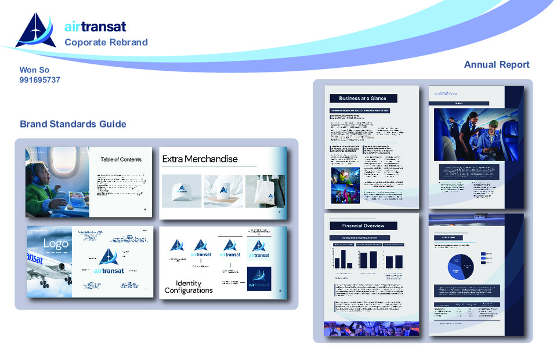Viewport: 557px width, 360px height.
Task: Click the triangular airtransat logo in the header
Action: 36,31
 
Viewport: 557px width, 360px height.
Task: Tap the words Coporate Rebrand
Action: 106,42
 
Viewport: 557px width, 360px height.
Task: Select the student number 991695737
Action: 39,80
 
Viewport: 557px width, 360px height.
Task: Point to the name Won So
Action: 34,70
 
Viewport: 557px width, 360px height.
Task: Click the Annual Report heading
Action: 497,65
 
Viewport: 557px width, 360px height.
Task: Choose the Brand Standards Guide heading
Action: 73,124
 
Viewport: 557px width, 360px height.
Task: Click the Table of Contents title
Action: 121,159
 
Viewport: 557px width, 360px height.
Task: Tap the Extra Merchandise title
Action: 200,159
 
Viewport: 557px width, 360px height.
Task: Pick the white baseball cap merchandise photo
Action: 182,191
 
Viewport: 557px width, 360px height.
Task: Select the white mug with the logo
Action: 223,191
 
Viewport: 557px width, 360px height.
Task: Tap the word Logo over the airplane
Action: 56,244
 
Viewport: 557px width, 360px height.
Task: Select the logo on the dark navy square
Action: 259,278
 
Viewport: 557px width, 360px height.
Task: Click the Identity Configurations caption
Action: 189,286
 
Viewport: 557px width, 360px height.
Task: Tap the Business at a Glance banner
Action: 363,99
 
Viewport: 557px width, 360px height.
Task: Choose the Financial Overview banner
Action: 363,226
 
